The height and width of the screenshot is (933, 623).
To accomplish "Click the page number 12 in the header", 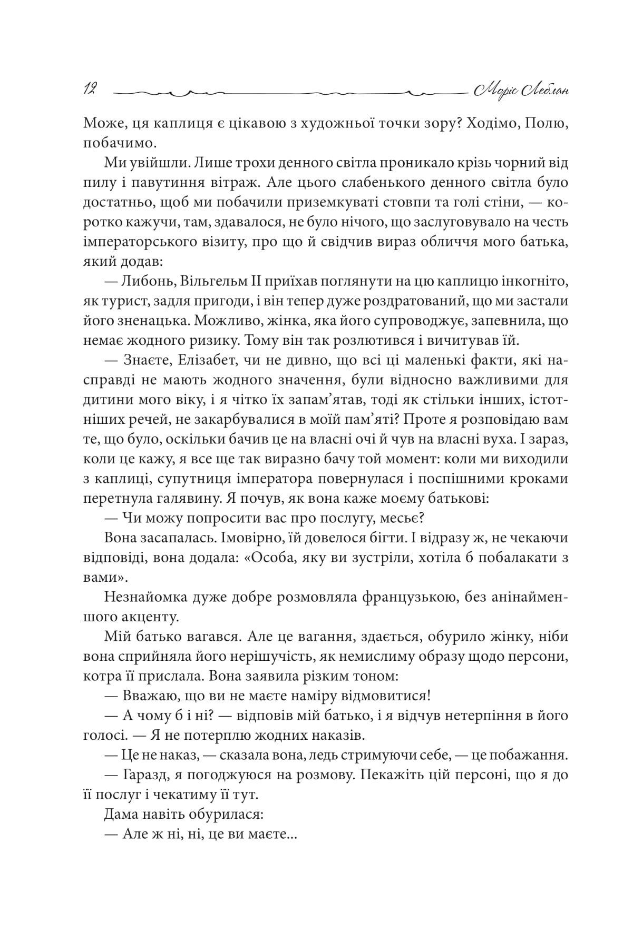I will pyautogui.click(x=88, y=90).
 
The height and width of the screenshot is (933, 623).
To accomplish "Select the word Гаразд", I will pyautogui.click(x=147, y=775).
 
